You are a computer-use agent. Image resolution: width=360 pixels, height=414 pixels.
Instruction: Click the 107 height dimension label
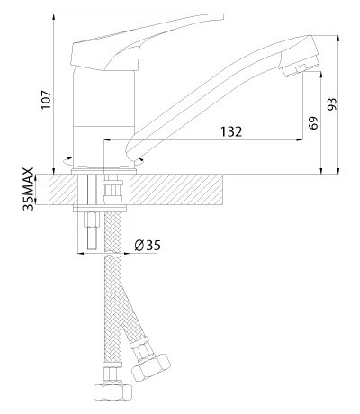pos(47,100)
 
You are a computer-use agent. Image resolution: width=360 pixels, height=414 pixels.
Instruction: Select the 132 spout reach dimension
pos(231,131)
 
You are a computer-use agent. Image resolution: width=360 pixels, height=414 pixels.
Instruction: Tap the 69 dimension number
pos(312,122)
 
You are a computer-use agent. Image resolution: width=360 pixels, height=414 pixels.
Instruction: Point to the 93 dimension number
pos(332,103)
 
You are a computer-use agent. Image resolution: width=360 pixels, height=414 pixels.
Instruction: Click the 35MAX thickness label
pos(29,189)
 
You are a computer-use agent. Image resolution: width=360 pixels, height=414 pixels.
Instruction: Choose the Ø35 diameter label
pos(148,246)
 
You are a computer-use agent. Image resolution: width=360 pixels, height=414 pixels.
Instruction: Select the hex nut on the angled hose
pos(151,367)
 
